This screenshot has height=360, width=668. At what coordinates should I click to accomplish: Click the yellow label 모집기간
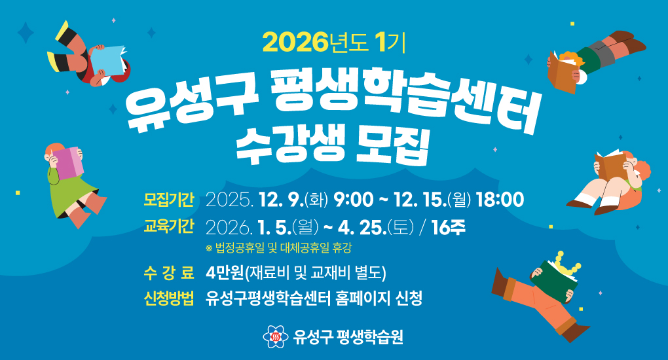tap(169, 198)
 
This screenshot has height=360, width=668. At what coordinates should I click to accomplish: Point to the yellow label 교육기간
tap(169, 227)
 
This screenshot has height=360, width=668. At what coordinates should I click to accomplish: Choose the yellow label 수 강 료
tap(169, 272)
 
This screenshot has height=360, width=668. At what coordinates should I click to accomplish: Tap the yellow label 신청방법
tap(169, 299)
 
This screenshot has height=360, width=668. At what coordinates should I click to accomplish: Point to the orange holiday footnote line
tap(282, 249)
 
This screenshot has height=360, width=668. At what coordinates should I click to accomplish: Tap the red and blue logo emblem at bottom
tap(276, 337)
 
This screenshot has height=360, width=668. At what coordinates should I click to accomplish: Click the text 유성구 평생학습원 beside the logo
tap(348, 337)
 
